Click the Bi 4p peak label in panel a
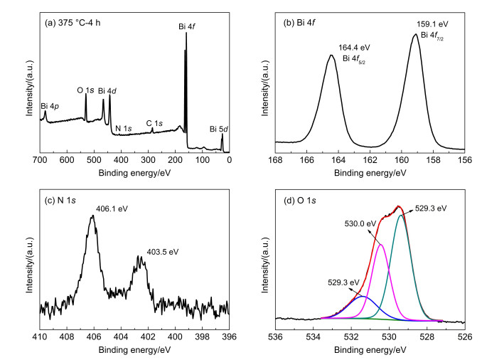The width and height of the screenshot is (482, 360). tap(52, 106)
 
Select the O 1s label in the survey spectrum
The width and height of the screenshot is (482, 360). tap(85, 90)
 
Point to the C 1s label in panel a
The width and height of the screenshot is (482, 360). tap(155, 123)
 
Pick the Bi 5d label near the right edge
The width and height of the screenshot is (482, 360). tap(219, 129)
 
